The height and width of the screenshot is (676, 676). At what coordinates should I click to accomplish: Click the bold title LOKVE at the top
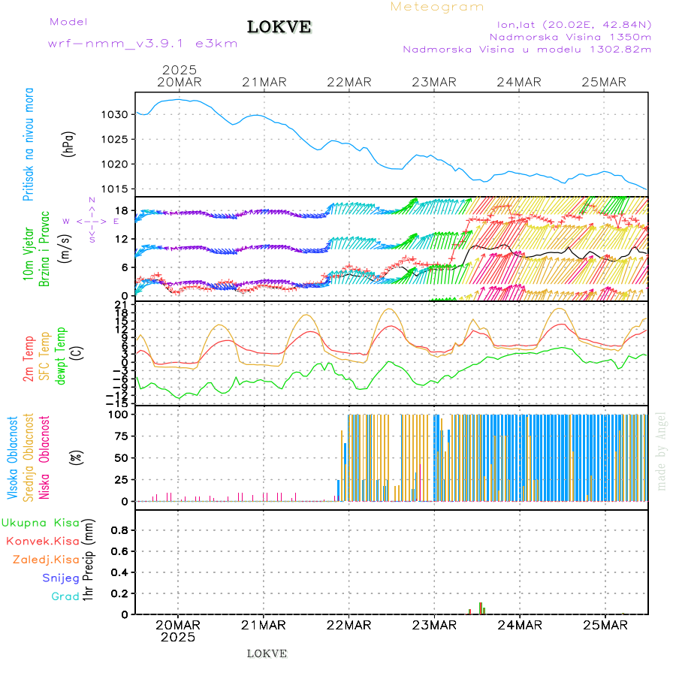pos(279,27)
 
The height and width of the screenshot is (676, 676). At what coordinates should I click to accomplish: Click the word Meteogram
pos(437,7)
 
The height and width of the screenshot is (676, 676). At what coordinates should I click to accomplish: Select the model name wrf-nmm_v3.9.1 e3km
pos(143,44)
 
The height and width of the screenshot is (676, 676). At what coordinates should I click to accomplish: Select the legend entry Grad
pos(65,597)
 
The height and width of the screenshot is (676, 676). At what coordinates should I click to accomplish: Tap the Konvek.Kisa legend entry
pos(42,541)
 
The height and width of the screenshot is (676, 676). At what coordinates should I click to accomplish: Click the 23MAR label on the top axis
pos(435,82)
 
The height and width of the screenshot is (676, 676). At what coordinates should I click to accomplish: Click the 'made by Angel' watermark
pos(662,451)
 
